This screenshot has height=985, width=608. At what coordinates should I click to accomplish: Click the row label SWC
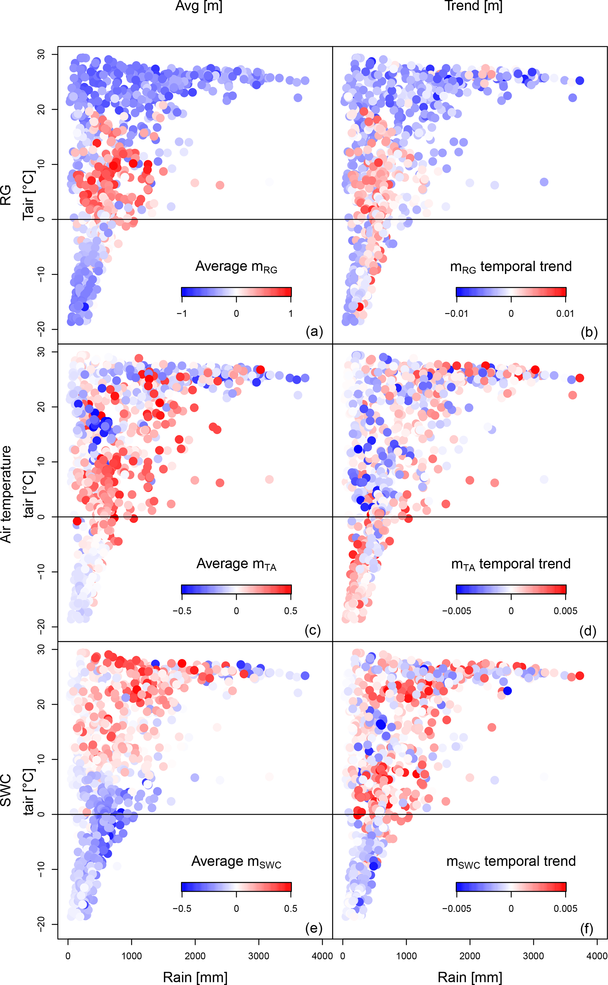pyautogui.click(x=6, y=791)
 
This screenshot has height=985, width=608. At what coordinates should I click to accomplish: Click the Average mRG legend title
pyautogui.click(x=236, y=267)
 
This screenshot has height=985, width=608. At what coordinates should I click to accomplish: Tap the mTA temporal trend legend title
pyautogui.click(x=511, y=564)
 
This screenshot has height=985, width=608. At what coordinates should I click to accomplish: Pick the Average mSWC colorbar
pyautogui.click(x=236, y=887)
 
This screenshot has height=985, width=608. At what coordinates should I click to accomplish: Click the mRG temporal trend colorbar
pyautogui.click(x=511, y=292)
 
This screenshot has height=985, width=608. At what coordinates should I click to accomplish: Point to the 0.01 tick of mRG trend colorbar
pyautogui.click(x=565, y=313)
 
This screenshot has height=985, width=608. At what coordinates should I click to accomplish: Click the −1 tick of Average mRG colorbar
pyautogui.click(x=182, y=313)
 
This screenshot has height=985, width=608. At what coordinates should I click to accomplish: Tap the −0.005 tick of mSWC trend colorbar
pyautogui.click(x=457, y=908)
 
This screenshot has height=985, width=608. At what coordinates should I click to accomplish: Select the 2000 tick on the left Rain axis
pyautogui.click(x=195, y=956)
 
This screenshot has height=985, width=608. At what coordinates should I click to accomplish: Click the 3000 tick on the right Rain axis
pyautogui.click(x=533, y=956)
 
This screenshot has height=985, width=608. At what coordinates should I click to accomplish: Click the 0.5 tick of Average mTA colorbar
pyautogui.click(x=290, y=611)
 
